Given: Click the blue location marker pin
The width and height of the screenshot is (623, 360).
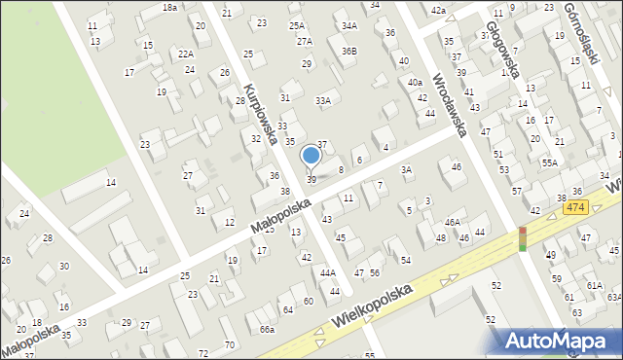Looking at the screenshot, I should (x=311, y=156).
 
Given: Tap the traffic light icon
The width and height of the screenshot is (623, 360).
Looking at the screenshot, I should (x=522, y=238).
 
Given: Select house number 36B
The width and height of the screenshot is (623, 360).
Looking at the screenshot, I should (x=348, y=51).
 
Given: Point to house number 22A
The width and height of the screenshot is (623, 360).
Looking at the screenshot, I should (x=185, y=55).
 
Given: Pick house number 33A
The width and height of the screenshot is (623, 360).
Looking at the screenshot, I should (x=323, y=100).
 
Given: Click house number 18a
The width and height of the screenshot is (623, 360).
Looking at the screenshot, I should (x=169, y=7).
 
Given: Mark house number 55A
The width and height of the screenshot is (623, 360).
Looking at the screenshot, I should (x=550, y=163).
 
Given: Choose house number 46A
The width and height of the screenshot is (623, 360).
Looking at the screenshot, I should (x=453, y=223).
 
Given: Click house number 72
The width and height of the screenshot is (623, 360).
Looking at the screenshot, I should (x=202, y=352).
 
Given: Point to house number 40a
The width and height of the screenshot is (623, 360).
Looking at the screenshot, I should (x=415, y=82).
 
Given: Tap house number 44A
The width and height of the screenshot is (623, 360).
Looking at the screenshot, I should (x=328, y=273).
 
